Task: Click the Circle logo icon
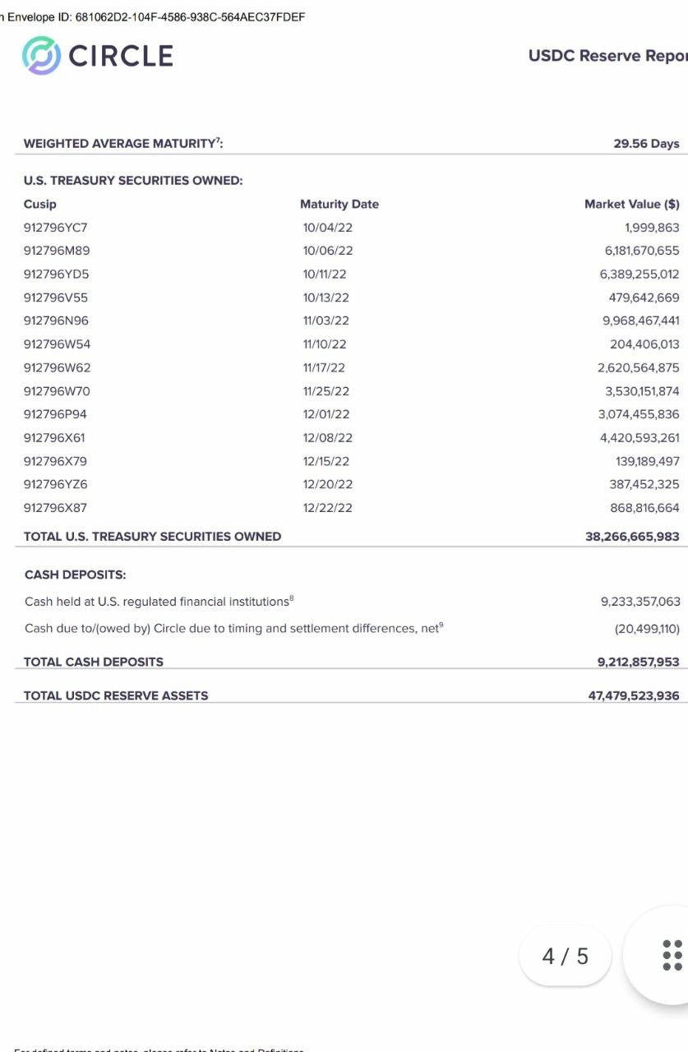41,56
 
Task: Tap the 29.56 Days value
646,144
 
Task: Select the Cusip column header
40,204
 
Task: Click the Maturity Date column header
339,204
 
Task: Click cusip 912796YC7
55,228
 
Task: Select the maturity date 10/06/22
327,251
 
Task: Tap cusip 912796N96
57,321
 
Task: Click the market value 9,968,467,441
640,321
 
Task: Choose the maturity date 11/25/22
326,391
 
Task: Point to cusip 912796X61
54,438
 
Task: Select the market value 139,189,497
644,461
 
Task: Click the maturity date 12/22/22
327,508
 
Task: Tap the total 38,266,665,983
632,537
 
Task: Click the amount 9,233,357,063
640,602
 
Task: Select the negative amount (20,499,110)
647,629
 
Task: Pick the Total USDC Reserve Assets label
116,695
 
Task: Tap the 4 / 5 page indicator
566,956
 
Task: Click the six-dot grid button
672,955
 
